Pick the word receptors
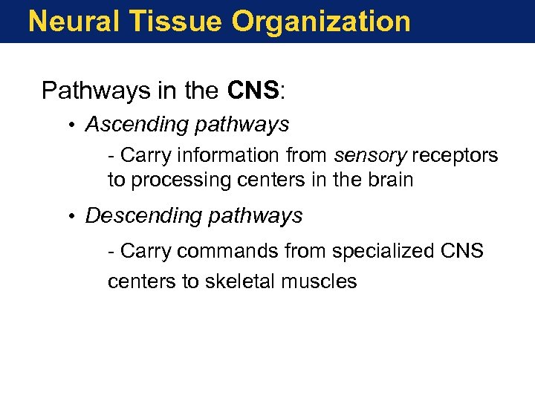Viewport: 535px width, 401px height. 455,156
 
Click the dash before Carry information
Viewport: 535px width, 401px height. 111,156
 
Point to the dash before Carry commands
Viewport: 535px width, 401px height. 111,252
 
